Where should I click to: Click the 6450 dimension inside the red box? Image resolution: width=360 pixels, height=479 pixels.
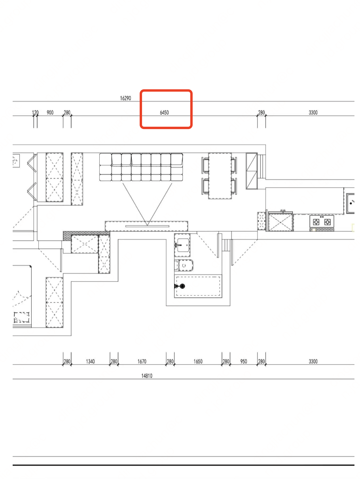tap(164, 112)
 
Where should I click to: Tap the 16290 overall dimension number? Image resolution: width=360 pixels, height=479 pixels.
tap(125, 98)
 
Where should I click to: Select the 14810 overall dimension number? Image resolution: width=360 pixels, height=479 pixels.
tap(147, 376)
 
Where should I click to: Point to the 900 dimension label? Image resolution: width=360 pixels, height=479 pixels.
tap(50, 112)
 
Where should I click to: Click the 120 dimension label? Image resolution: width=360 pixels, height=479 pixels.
tap(35, 112)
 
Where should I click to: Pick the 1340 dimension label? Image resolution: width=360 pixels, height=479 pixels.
tap(90, 361)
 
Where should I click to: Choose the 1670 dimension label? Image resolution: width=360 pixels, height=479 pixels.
tap(142, 361)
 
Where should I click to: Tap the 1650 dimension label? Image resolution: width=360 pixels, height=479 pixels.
tap(198, 361)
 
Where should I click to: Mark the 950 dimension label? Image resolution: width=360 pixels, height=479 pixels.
tap(244, 361)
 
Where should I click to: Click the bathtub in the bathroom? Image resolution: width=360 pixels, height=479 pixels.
tap(198, 286)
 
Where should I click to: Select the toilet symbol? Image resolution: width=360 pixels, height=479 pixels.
tap(184, 265)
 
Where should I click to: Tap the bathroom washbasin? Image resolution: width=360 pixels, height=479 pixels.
tap(182, 245)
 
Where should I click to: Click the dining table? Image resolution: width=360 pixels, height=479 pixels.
tap(220, 176)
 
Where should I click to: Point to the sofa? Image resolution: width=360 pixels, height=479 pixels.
tap(141, 167)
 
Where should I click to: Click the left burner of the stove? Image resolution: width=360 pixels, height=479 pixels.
tap(316, 222)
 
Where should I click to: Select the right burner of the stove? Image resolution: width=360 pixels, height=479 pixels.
tap(327, 222)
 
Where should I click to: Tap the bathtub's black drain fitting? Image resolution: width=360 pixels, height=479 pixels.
tap(182, 286)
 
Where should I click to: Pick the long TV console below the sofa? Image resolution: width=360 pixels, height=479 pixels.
tap(146, 226)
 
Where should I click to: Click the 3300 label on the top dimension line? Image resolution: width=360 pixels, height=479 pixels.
tap(313, 112)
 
